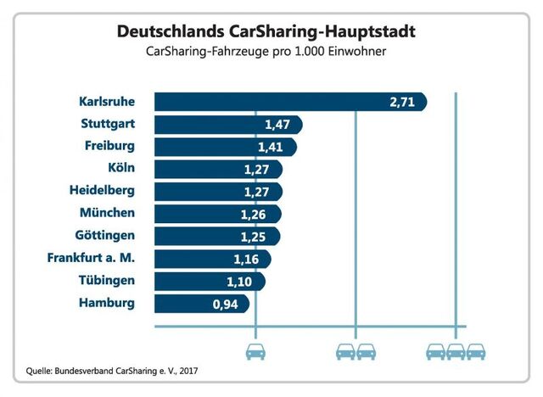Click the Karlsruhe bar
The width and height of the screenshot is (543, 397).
288,102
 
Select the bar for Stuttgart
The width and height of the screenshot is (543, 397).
229,125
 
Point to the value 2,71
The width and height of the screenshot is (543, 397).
402,103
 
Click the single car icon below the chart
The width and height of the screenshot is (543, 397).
256,350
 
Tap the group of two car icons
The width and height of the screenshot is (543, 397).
355,350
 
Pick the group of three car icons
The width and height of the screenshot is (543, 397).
456,350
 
